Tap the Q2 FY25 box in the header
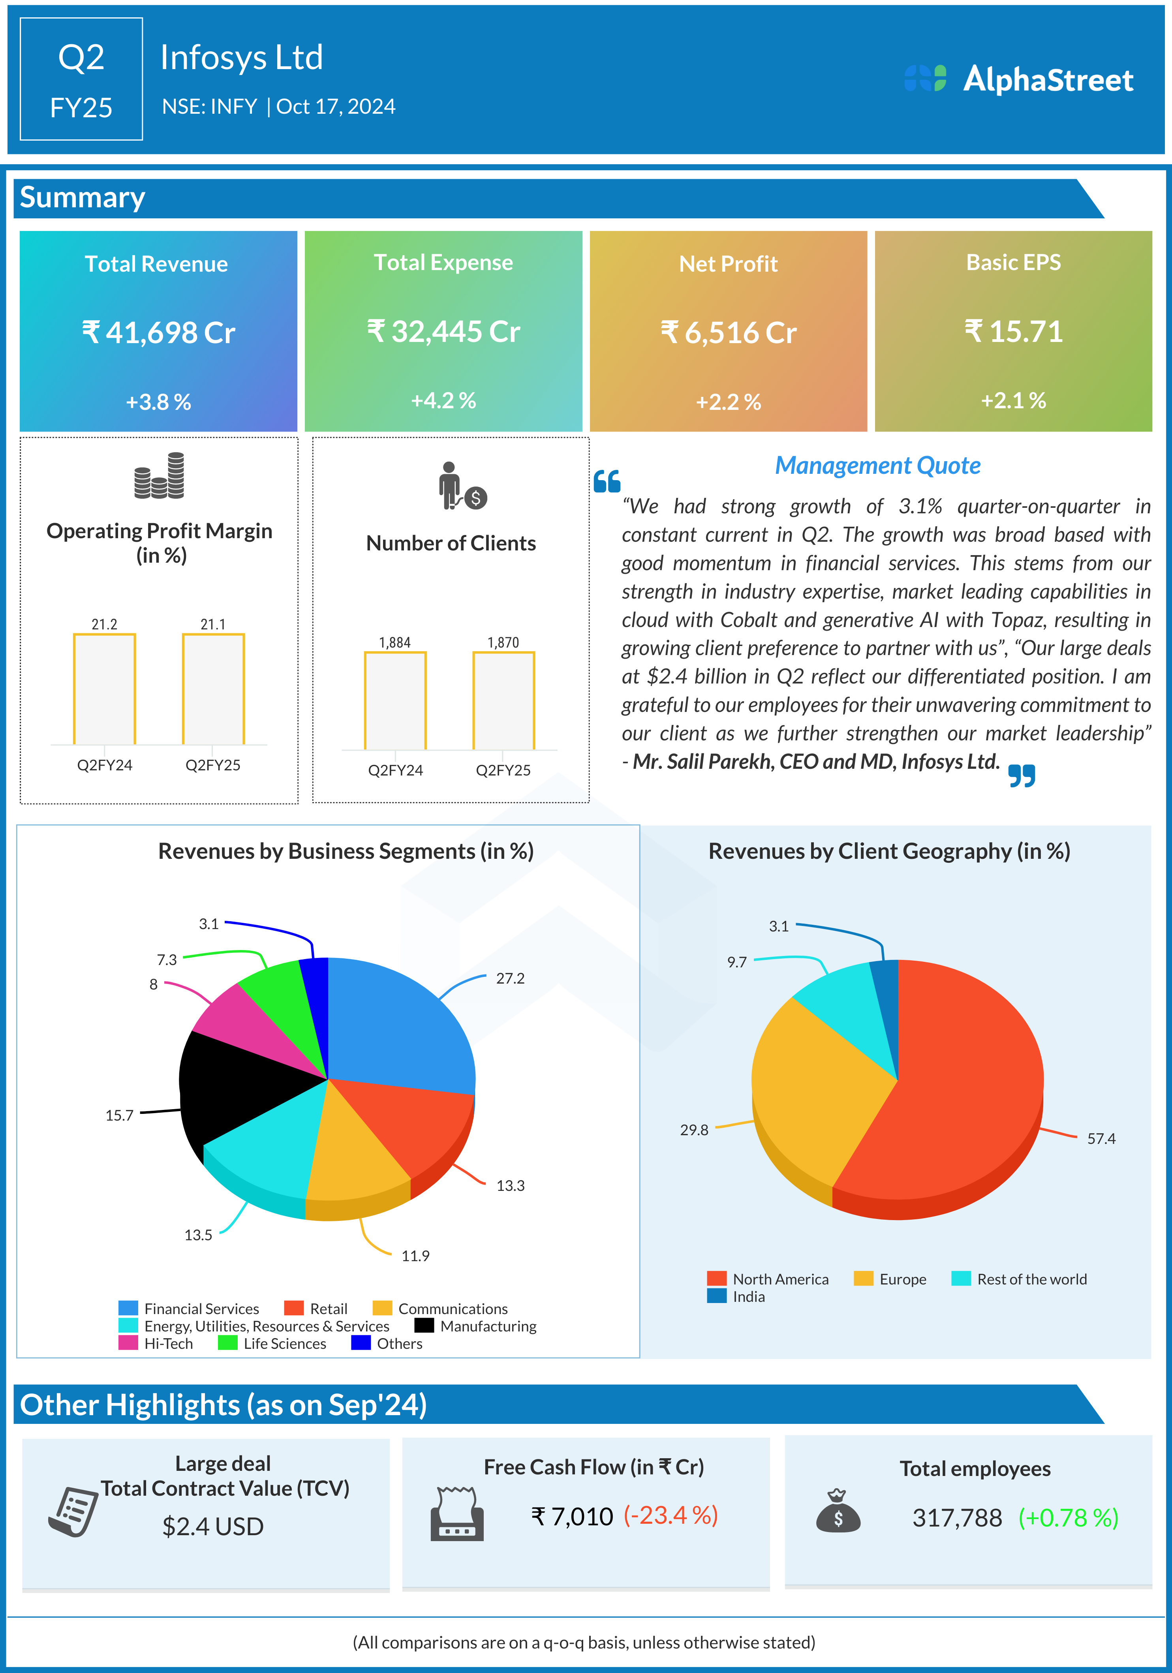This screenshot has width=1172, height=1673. click(81, 79)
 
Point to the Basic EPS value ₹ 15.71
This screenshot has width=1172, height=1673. click(1013, 332)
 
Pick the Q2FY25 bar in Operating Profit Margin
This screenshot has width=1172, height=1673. click(213, 689)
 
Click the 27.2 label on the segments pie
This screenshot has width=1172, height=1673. click(510, 978)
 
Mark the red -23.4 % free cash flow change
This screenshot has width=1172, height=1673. click(671, 1515)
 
